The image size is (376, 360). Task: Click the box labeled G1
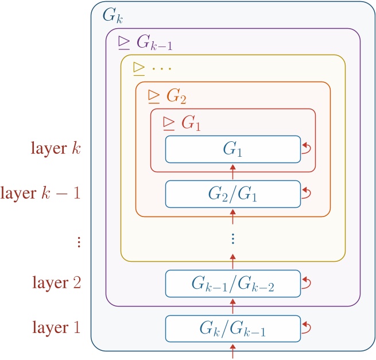tap(232, 149)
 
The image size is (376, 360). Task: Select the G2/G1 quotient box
tap(232, 193)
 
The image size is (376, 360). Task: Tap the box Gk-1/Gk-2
tap(232, 284)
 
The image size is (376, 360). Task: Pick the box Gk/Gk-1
tap(232, 328)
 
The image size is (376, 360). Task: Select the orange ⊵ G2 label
tap(167, 95)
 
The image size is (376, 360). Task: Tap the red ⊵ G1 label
tap(181, 122)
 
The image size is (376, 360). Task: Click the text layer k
tap(57, 149)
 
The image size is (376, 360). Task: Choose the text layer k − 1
tap(42, 193)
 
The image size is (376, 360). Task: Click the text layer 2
tap(57, 284)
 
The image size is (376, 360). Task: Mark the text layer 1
tap(57, 328)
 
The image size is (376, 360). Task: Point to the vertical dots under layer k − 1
tap(79, 241)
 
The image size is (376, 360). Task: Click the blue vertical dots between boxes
tap(232, 238)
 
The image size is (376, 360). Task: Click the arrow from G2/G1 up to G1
tap(232, 172)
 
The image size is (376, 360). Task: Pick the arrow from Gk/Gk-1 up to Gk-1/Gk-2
tap(232, 306)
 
